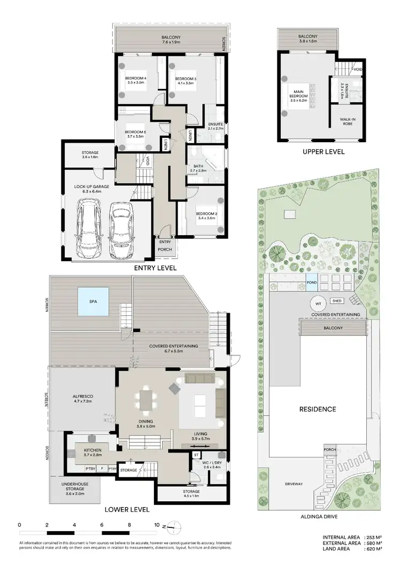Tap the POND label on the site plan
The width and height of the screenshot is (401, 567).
311,282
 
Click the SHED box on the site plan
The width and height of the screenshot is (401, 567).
337,301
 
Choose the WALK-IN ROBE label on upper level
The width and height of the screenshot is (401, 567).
350,121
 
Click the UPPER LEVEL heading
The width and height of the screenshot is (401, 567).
323,152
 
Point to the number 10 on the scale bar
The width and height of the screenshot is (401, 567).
157,525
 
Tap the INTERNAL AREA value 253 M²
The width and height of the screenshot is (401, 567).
372,537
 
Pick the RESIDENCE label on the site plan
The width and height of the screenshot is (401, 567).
318,409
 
